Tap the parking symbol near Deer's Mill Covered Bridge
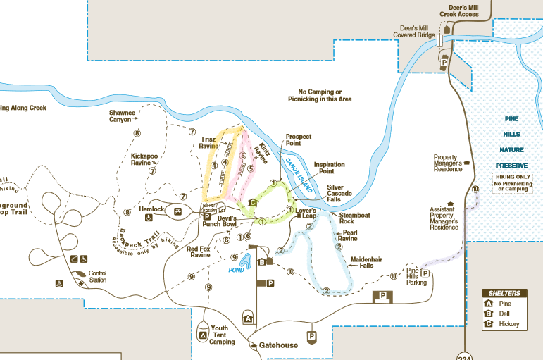tap(444, 63)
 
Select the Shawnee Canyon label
tap(125, 116)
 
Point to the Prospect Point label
tap(298, 139)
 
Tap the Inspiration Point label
tap(328, 167)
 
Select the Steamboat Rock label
tap(354, 218)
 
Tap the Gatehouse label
tap(278, 345)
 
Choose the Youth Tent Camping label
tap(223, 335)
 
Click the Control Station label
tap(98, 275)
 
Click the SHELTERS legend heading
tap(503, 293)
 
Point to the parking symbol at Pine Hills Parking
tap(425, 274)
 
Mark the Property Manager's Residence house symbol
tap(466, 163)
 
